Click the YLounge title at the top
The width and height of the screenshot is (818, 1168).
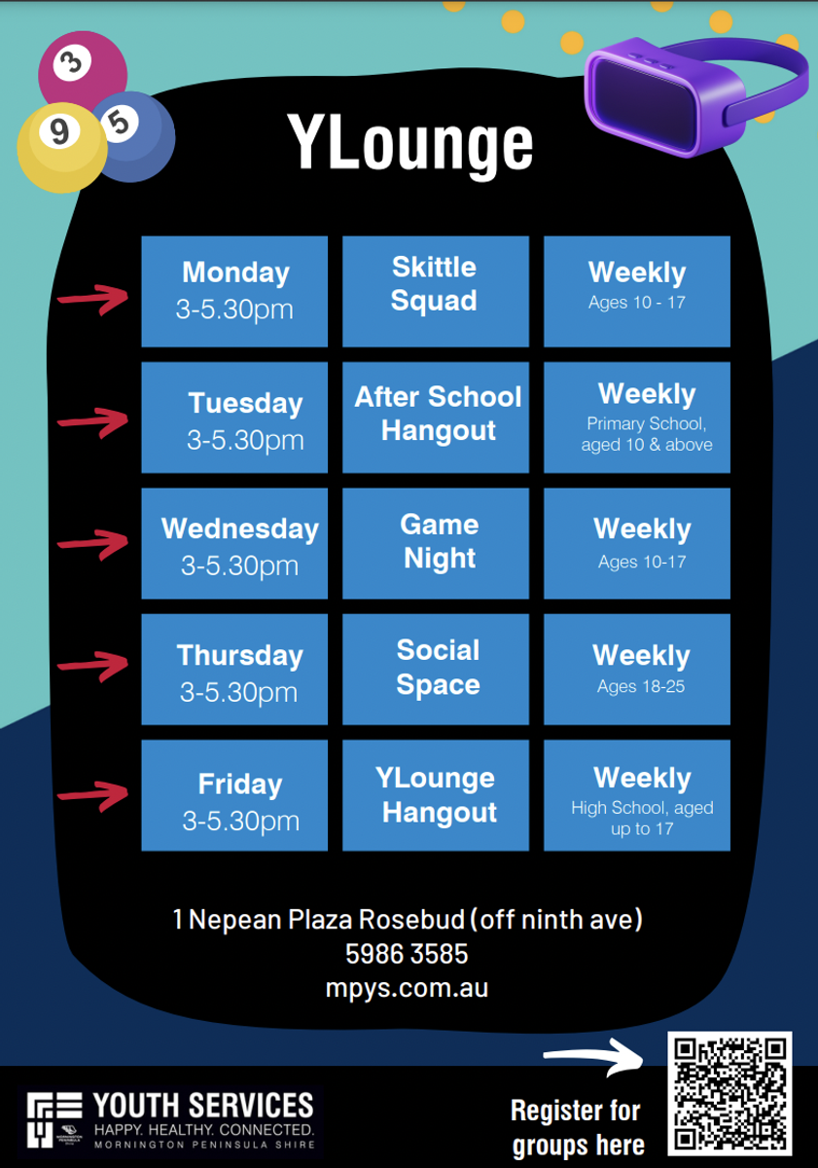pyautogui.click(x=409, y=145)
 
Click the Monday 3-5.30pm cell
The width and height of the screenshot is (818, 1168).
pyautogui.click(x=234, y=291)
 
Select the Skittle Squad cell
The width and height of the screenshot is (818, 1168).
pyautogui.click(x=436, y=291)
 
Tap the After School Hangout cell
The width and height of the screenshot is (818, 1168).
pyautogui.click(x=436, y=418)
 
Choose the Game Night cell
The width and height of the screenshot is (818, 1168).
pyautogui.click(x=436, y=543)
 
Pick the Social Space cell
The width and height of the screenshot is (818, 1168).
pyautogui.click(x=436, y=670)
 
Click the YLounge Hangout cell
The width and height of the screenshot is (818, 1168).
pyautogui.click(x=436, y=795)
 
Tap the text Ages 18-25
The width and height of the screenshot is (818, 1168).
pyautogui.click(x=641, y=687)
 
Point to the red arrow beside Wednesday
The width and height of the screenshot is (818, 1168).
pyautogui.click(x=92, y=544)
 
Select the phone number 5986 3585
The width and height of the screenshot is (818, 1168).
pyautogui.click(x=407, y=954)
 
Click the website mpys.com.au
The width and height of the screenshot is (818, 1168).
pyautogui.click(x=407, y=989)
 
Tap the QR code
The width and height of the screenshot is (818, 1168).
pyautogui.click(x=729, y=1093)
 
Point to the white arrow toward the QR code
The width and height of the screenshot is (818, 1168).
pyautogui.click(x=594, y=1057)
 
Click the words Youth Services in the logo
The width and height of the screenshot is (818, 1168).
pyautogui.click(x=203, y=1105)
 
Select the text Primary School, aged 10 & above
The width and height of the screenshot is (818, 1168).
pyautogui.click(x=647, y=434)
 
